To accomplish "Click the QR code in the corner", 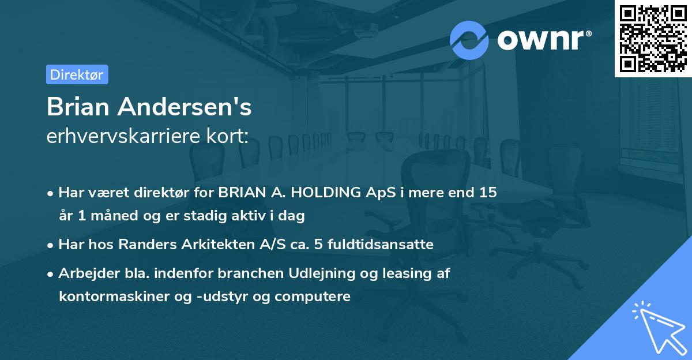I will (653, 38).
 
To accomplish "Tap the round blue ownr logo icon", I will (469, 40).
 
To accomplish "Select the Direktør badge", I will (77, 74).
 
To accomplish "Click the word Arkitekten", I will (212, 244).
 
